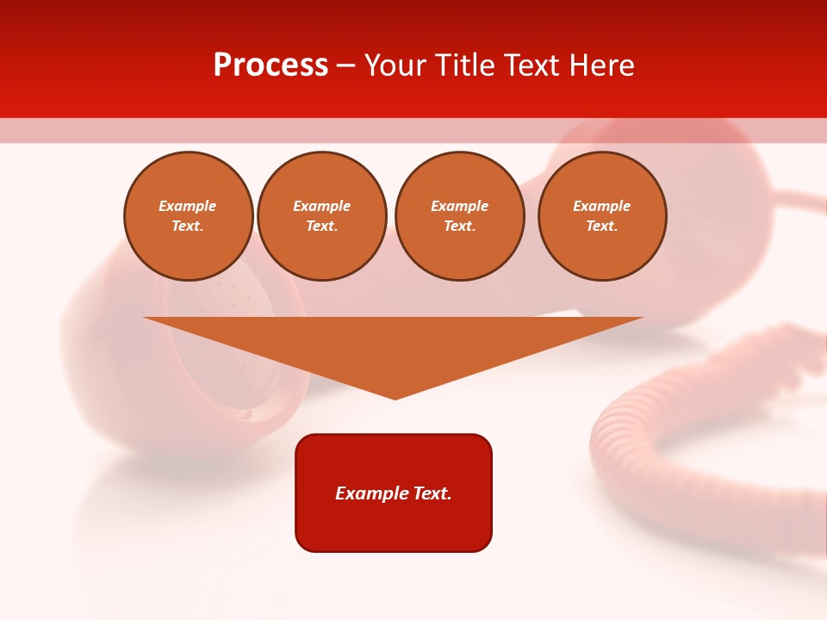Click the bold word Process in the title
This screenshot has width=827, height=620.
pos(270,65)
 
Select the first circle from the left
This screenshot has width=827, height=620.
pos(189,216)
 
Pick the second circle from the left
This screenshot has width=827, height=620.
pos(322,216)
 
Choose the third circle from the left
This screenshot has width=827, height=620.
pos(460,216)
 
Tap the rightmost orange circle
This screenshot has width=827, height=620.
pos(602,216)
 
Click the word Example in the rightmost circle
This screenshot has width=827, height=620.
pos(602,207)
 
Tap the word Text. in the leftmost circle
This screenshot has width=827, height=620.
pos(188,226)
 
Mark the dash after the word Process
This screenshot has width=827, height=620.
pos(345,66)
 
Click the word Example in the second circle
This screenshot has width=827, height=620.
pos(322,207)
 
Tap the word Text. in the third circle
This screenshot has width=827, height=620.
pos(460,226)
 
